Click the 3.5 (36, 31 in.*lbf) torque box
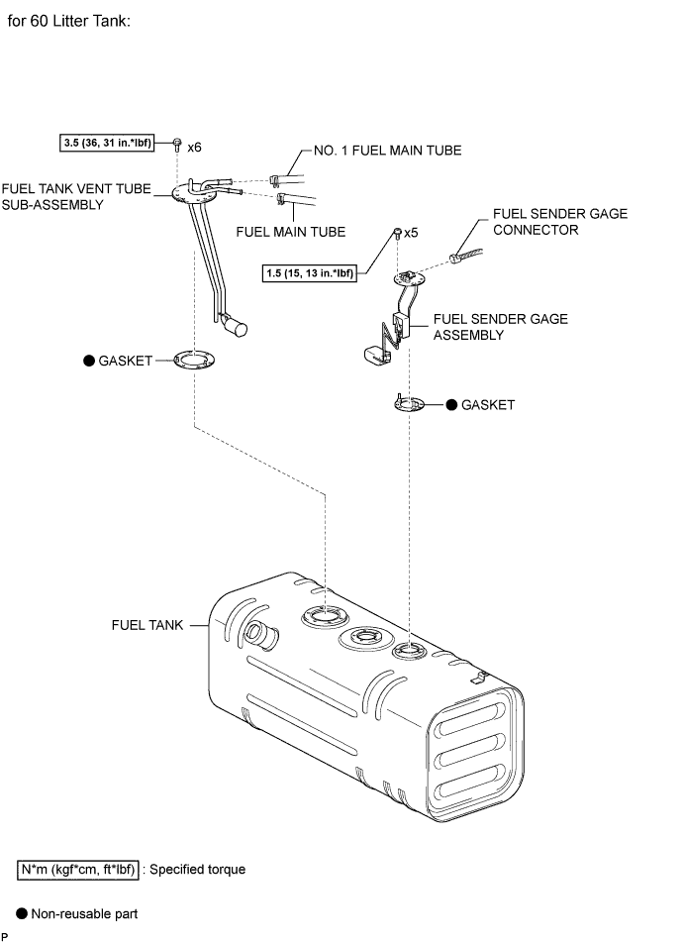pos(107,143)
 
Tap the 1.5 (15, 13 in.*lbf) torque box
pos(310,273)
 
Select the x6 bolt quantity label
pos(194,148)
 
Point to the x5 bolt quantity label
pos(411,233)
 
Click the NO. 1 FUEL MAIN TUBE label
pos(388,151)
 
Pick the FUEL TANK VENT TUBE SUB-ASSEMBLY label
pos(76,197)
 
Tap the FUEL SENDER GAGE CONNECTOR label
pos(560,221)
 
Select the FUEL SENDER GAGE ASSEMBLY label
pos(501,327)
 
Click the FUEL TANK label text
pos(147,625)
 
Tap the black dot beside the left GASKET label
pos(89,361)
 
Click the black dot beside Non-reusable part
pos(22,913)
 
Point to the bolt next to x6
pos(177,145)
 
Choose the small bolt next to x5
pos(397,233)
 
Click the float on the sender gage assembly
pos(377,355)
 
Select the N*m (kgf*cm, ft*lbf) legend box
pos(78,870)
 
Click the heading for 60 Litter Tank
pos(68,21)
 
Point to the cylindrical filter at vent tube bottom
pos(235,325)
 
